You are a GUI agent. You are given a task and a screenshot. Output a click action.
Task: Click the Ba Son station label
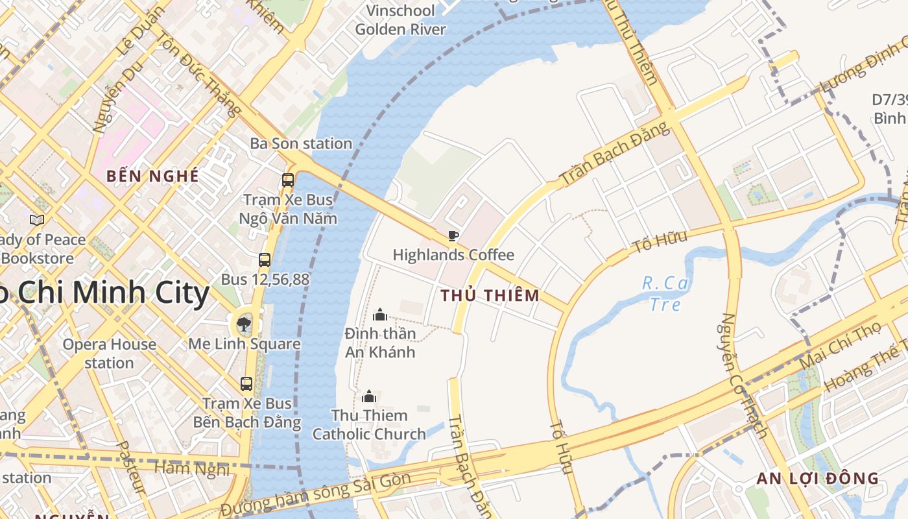coord(301,143)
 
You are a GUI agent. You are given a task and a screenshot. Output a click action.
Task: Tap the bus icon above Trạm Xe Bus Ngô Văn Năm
coord(288,180)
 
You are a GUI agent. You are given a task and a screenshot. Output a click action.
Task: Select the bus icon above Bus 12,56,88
coord(265,260)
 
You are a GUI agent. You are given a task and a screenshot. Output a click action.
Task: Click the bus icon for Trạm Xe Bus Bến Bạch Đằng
coord(246,383)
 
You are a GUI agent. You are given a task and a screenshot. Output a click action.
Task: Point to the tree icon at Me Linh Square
coord(244,323)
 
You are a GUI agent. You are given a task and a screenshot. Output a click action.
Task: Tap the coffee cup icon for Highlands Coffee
coord(453,235)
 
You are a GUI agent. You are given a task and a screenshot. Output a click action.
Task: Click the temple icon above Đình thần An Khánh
coord(380,315)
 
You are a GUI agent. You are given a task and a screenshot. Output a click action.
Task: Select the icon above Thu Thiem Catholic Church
coord(369,396)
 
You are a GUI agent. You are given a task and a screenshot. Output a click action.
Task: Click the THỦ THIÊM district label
coord(490,296)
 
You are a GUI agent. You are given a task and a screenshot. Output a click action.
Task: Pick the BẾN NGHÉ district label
coord(152,176)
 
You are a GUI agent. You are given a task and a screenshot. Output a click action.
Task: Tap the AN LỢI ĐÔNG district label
coord(818,479)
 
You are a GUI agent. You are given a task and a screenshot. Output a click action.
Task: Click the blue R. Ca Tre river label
coord(665,293)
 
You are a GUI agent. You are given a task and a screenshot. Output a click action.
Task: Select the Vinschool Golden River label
coord(400,20)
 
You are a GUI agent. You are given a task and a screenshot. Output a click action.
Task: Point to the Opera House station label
coord(109,353)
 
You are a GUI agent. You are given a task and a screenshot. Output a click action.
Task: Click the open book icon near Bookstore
coord(37,221)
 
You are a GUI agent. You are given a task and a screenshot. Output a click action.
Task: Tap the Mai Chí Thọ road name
coord(837,348)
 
